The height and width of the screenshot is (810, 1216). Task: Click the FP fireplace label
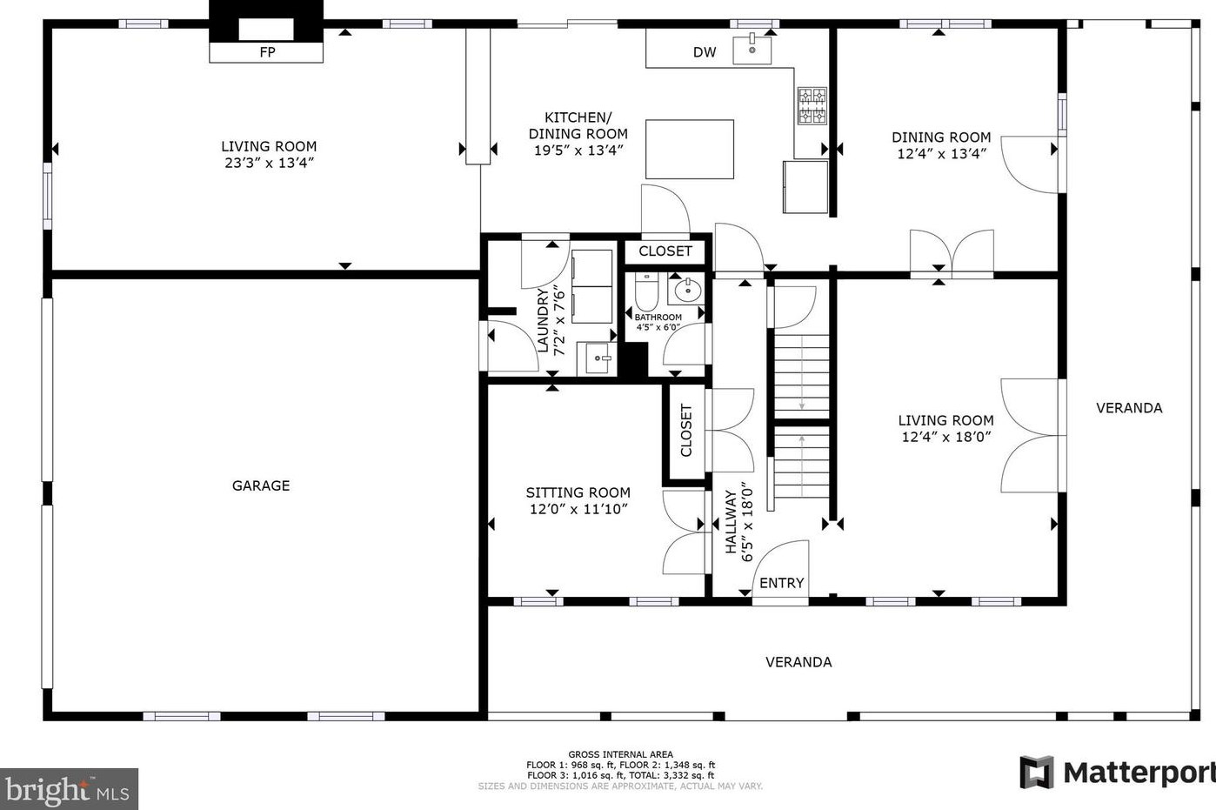267,52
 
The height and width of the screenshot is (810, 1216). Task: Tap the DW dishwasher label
705,52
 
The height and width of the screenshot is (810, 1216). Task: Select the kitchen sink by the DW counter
752,49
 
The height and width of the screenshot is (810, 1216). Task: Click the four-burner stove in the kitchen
812,105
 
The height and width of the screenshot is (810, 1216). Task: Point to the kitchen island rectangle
690,150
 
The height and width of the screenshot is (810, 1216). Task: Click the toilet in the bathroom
645,291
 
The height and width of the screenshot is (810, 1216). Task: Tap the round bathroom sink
688,290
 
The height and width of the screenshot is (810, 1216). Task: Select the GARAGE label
261,485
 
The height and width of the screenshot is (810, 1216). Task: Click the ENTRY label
781,583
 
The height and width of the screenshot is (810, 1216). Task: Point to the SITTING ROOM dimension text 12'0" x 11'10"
578,509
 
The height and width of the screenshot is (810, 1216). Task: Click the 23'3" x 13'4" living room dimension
269,163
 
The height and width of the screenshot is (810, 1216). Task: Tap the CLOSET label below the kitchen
665,251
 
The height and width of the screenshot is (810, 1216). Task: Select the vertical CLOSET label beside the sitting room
686,431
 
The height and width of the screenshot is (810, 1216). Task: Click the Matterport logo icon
1036,772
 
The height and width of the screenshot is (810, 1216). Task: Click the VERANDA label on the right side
1129,407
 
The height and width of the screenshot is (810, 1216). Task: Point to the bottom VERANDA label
798,662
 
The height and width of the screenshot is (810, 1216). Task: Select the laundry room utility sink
598,357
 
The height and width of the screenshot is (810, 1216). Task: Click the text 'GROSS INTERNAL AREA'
620,754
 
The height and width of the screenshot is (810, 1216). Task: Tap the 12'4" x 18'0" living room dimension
945,437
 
